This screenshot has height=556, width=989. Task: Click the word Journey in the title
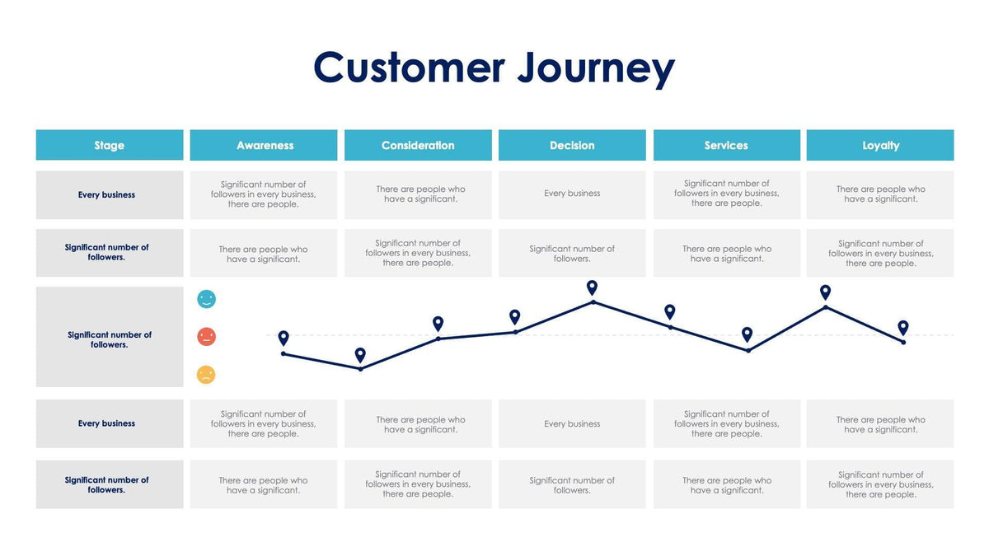point(595,68)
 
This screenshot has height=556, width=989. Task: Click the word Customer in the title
point(409,68)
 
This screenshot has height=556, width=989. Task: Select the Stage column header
point(110,145)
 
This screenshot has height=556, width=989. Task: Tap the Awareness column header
point(264,145)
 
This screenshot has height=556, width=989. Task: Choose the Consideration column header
point(418,145)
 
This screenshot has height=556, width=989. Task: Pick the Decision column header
point(572,145)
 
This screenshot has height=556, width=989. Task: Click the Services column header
point(726,145)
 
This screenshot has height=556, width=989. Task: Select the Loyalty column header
point(880,145)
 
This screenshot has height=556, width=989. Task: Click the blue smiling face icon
point(206,299)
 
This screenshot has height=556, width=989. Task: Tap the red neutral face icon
point(206,337)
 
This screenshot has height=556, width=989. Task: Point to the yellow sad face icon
point(206,375)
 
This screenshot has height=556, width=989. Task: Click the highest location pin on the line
point(592,287)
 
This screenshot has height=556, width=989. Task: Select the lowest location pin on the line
point(360,355)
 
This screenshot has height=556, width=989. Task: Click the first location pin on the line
point(284,338)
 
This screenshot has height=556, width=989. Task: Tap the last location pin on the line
point(903,327)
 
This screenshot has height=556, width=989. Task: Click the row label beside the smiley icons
point(110,339)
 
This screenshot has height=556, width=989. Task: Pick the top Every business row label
point(107,195)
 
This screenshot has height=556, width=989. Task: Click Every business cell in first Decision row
point(572,194)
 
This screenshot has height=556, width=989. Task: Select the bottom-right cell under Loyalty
point(880,484)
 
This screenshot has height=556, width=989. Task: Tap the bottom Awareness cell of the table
point(264,485)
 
